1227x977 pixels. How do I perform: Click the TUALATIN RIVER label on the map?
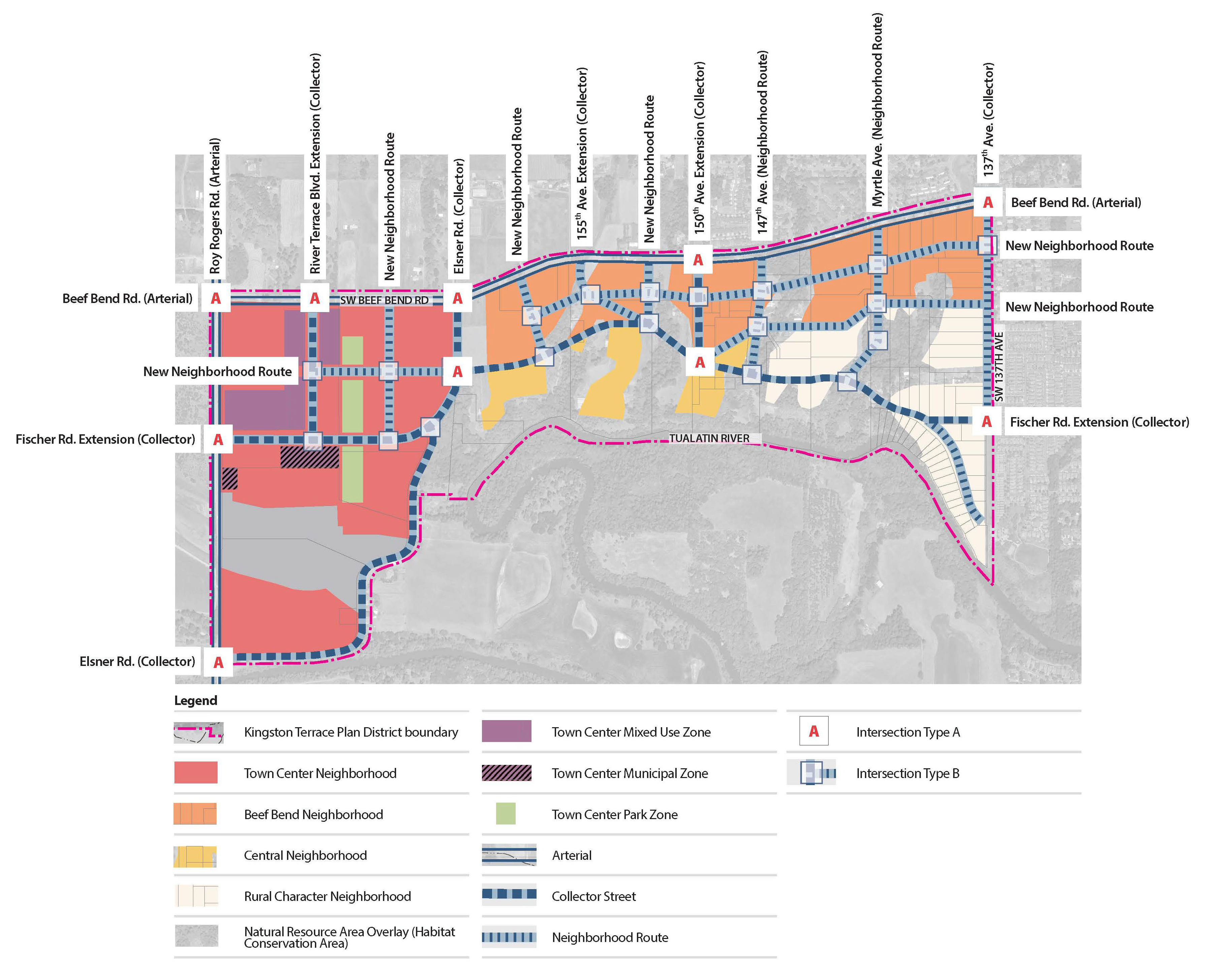[x=709, y=438]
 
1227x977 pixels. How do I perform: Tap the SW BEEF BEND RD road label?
[x=384, y=300]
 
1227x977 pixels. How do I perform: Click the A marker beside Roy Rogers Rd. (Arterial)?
[x=216, y=298]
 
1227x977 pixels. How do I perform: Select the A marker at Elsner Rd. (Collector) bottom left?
[x=218, y=662]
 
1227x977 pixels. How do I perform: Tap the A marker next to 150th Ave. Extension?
[x=698, y=260]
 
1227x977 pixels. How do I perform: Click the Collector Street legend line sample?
[x=509, y=895]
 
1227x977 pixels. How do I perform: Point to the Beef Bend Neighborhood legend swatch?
[x=195, y=814]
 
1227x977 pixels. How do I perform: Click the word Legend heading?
[x=195, y=701]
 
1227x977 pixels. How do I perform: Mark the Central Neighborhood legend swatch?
[x=195, y=855]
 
